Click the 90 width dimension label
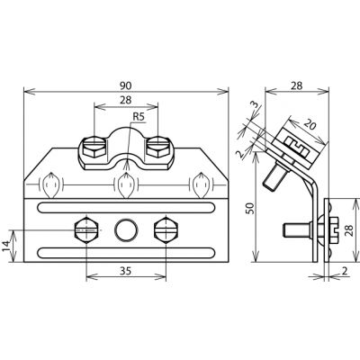pos(126,85)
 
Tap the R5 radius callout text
pos(139,117)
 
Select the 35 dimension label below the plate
pos(126,271)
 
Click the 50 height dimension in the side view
pos(250,208)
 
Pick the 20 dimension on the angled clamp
pos(310,124)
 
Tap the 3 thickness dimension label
pos(254,105)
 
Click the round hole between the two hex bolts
pos(127,229)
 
